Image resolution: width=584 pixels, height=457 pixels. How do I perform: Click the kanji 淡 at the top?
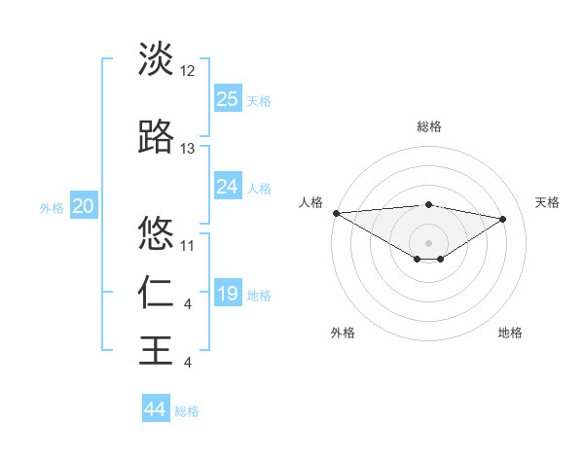[156, 59]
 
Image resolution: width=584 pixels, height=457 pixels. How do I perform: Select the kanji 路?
[156, 138]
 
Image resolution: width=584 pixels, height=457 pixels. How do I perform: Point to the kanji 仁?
[156, 292]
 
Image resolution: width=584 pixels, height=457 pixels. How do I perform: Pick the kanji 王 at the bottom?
[156, 349]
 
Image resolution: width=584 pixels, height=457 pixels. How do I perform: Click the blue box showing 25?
[228, 98]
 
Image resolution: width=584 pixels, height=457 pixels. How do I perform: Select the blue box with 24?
[228, 187]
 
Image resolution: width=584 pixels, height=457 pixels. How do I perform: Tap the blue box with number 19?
[228, 294]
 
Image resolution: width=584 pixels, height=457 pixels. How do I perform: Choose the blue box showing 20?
[84, 206]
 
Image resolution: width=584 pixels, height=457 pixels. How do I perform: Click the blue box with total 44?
[156, 409]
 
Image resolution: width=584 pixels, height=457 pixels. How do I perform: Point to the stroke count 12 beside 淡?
[188, 72]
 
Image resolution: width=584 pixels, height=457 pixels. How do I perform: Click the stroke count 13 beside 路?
[188, 149]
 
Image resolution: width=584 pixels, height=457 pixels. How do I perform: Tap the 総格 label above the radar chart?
[429, 126]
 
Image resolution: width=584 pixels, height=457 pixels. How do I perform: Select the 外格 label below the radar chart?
[343, 333]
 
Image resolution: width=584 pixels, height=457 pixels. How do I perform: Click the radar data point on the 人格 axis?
[337, 213]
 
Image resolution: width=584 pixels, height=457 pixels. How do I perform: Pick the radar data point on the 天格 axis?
[503, 219]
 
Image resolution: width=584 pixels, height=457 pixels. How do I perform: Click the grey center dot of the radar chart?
[428, 241]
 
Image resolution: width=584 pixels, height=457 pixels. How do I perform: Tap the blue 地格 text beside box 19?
[259, 295]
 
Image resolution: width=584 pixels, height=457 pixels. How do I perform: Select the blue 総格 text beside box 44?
[187, 411]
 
